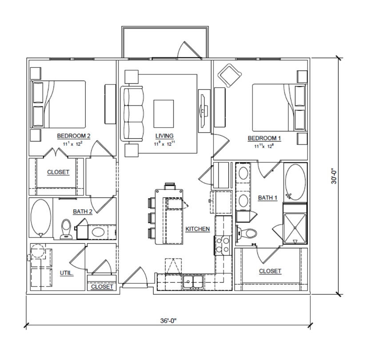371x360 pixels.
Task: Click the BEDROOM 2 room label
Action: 74,136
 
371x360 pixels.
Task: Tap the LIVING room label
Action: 164,136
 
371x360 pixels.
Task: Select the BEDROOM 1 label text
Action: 264,138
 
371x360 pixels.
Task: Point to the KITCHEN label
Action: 198,229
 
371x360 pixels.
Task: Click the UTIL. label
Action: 67,273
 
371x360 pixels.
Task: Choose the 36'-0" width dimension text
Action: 168,321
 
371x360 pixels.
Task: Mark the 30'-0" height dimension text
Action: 334,176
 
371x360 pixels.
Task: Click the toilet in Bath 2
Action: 66,229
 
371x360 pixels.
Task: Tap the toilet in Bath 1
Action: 246,234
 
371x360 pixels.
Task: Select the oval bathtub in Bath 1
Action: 295,182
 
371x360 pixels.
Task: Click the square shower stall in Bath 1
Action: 295,228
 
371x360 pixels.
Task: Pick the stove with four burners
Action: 223,245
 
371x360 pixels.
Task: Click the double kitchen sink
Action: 193,282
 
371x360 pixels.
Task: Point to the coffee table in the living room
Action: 164,113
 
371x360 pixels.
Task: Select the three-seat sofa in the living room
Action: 132,113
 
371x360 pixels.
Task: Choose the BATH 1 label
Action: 267,198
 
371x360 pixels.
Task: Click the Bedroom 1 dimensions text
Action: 264,146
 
